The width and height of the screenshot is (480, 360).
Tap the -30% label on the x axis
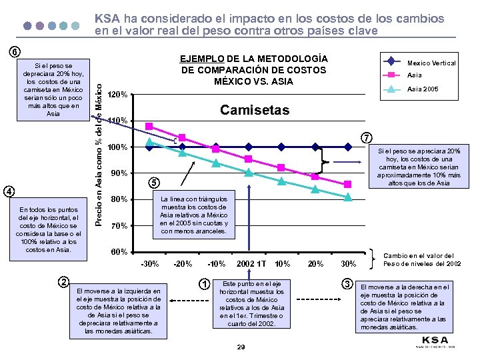pyautogui.click(x=149, y=263)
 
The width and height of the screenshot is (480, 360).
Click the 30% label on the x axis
pyautogui.click(x=348, y=263)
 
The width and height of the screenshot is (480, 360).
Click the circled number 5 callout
pyautogui.click(x=153, y=183)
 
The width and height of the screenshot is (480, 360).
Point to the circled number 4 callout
pyautogui.click(x=9, y=191)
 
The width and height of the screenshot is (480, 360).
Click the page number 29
pyautogui.click(x=241, y=347)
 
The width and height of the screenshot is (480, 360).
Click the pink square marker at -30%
pyautogui.click(x=149, y=126)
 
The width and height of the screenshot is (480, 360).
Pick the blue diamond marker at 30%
pyautogui.click(x=348, y=146)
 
